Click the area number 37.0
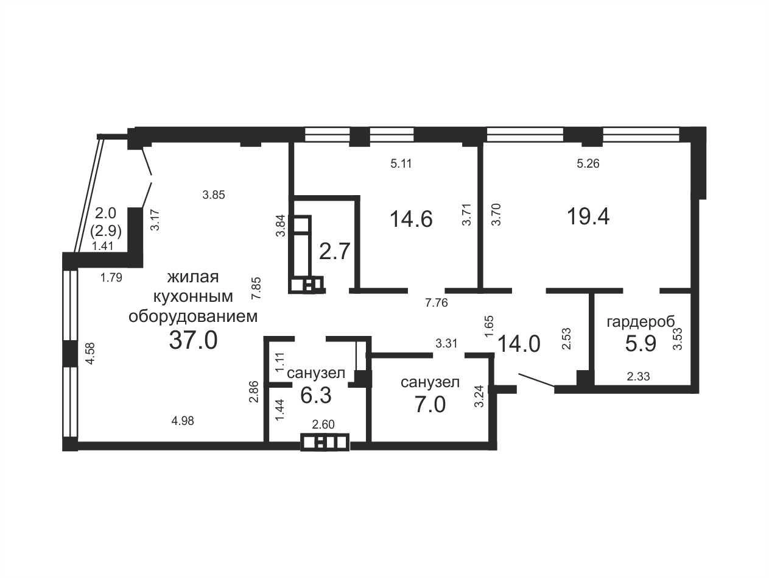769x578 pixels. (194, 340)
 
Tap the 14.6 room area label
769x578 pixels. (412, 219)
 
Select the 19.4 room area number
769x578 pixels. (588, 216)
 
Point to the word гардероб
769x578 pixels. (641, 322)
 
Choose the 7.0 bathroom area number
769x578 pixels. (430, 404)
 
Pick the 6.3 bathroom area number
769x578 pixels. (315, 395)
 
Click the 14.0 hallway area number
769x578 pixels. (519, 344)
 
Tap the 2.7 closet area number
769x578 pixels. (335, 252)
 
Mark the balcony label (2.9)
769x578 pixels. (106, 231)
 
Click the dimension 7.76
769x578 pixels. (437, 302)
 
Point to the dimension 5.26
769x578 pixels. (588, 163)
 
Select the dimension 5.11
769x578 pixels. (401, 163)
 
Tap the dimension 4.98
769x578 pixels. (183, 421)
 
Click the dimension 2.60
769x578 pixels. (323, 424)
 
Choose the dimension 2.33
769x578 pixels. (638, 377)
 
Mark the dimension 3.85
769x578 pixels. (214, 194)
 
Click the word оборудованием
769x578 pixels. (193, 316)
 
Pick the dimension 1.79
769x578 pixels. (111, 278)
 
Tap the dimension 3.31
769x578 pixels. (447, 343)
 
